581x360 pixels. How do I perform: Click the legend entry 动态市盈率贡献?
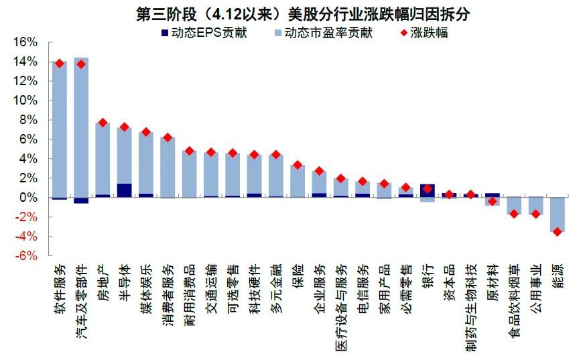click(322, 32)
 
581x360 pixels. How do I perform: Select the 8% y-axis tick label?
click(27, 120)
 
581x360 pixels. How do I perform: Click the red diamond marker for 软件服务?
click(60, 64)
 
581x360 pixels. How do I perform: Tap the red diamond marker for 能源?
click(557, 232)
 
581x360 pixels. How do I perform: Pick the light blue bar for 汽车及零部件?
click(81, 127)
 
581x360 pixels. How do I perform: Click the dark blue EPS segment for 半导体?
click(124, 190)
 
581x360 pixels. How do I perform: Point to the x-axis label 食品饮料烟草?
click(513, 298)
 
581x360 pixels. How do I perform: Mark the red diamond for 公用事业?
click(535, 214)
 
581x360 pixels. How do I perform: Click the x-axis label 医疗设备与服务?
click(340, 301)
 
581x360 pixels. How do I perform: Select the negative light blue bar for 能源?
click(557, 215)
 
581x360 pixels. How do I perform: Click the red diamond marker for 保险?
click(298, 165)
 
